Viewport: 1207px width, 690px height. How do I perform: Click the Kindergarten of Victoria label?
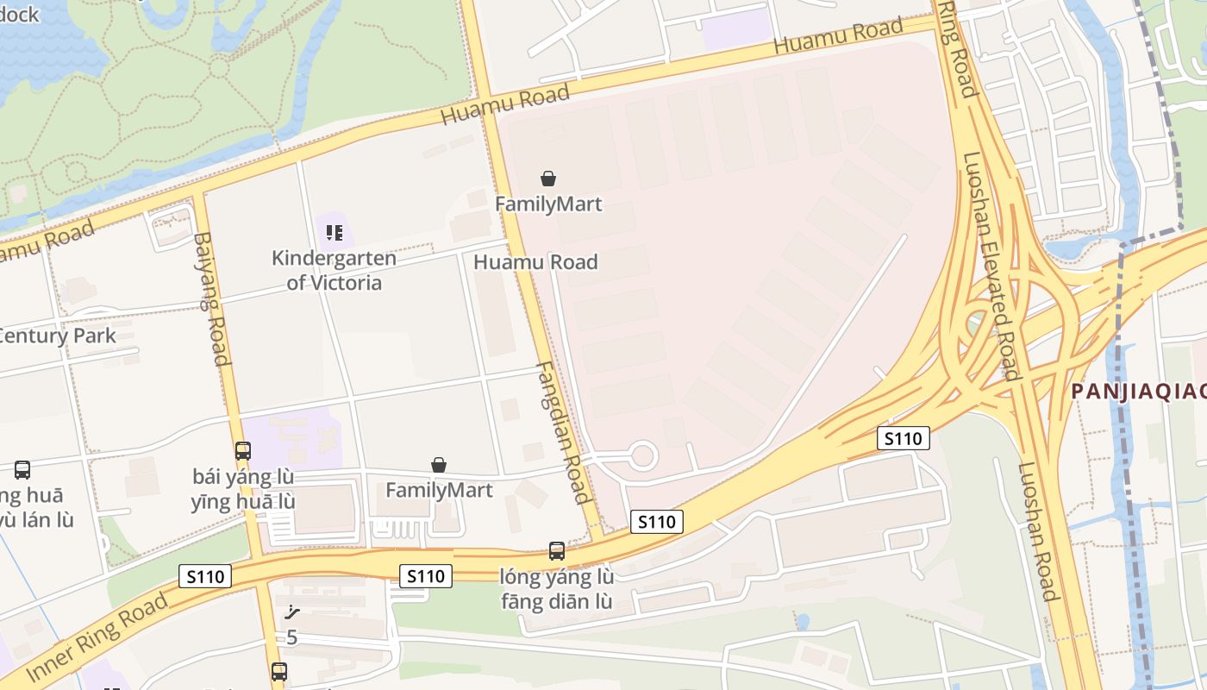tap(334, 270)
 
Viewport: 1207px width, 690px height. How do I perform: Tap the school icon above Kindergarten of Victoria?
tap(335, 232)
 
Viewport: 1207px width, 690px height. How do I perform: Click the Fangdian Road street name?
tap(563, 431)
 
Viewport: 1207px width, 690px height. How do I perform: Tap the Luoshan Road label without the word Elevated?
tap(1037, 531)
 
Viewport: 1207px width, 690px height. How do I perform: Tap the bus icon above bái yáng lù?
tap(243, 450)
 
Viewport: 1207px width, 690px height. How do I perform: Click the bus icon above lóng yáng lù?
tap(557, 550)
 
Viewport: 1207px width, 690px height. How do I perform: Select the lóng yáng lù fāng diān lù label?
tap(557, 588)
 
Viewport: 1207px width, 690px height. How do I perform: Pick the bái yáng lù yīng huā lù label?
tap(243, 489)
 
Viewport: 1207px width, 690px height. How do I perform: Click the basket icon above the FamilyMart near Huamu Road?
tap(548, 179)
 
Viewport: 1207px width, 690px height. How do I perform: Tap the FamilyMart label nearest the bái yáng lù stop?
tap(439, 490)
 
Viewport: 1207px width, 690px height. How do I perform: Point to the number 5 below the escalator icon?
tap(291, 637)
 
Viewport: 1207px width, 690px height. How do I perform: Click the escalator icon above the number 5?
tap(292, 613)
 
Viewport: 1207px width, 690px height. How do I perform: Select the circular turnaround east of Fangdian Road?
tap(641, 455)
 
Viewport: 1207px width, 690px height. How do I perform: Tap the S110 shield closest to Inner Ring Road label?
tap(205, 576)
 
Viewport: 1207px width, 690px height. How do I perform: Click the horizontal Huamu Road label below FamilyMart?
tap(536, 262)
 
